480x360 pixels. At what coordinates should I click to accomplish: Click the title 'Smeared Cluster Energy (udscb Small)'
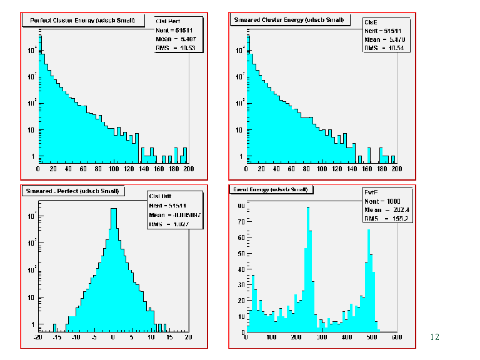(x=288, y=20)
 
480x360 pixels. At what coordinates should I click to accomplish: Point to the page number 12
(x=435, y=337)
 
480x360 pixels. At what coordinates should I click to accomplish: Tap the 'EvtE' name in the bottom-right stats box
(x=369, y=192)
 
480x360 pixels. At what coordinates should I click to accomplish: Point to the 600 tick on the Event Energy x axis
(x=396, y=337)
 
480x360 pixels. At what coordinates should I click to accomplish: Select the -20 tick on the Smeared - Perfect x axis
(x=38, y=337)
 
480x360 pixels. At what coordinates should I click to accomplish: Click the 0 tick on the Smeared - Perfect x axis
(x=113, y=337)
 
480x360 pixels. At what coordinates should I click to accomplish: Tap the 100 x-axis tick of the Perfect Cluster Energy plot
(x=114, y=169)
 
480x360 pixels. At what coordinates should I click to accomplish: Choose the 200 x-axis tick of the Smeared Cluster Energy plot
(x=396, y=169)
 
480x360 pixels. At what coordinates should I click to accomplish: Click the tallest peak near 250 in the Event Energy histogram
(x=308, y=208)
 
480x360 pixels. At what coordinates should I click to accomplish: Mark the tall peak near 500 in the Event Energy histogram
(x=369, y=231)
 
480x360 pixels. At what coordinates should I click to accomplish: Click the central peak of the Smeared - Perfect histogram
(x=113, y=209)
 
